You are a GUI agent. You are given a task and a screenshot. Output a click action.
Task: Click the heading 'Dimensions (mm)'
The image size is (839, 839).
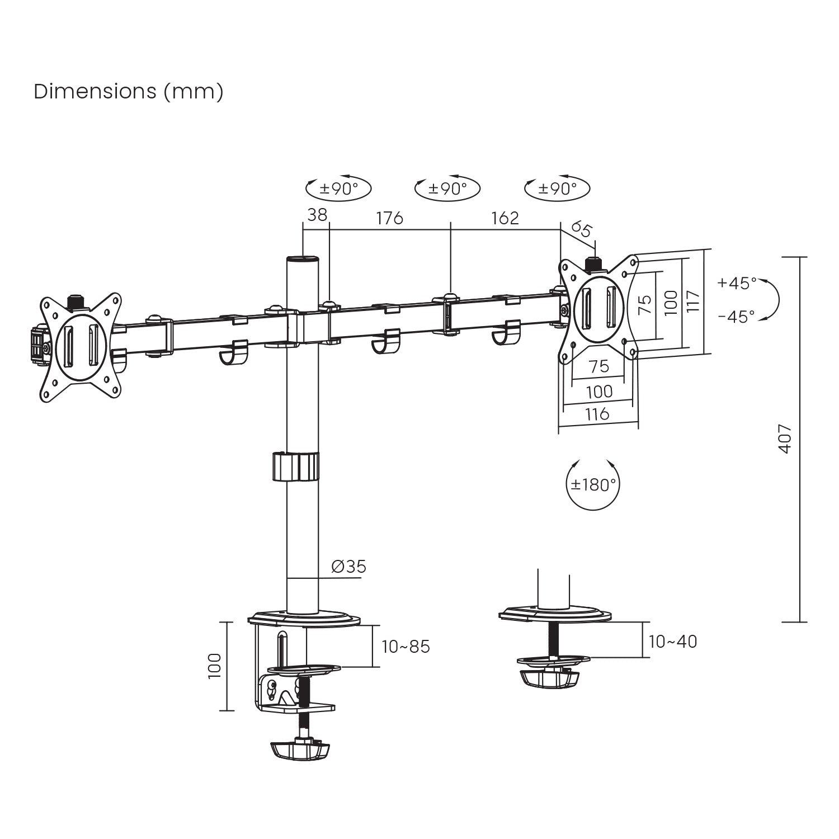pyautogui.click(x=129, y=91)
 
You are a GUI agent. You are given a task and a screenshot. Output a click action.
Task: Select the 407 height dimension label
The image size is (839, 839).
pyautogui.click(x=785, y=439)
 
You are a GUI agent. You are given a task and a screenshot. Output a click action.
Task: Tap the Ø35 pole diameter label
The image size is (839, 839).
pyautogui.click(x=348, y=567)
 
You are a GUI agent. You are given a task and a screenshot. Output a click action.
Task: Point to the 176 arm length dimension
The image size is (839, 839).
pyautogui.click(x=389, y=218)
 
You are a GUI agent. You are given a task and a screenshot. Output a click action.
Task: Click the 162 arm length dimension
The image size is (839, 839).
pyautogui.click(x=505, y=218)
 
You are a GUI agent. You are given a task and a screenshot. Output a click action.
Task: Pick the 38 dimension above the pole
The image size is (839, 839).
pyautogui.click(x=317, y=215)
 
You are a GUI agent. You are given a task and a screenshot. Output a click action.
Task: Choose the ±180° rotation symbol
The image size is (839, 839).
pyautogui.click(x=593, y=484)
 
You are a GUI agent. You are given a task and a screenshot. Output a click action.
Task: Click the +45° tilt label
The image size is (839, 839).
pyautogui.click(x=737, y=283)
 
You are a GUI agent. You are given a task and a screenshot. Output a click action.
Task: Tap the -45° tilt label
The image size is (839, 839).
pyautogui.click(x=737, y=317)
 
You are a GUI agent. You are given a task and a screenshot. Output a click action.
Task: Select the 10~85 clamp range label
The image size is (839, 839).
pyautogui.click(x=406, y=647)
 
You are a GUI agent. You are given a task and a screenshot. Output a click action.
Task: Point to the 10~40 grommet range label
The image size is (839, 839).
pyautogui.click(x=673, y=641)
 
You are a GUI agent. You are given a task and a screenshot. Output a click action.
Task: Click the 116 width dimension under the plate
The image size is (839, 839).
pyautogui.click(x=597, y=414)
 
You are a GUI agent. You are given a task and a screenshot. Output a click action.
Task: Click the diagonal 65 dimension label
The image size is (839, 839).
pyautogui.click(x=582, y=229)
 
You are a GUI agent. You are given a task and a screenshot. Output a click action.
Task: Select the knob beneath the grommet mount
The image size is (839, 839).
pyautogui.click(x=550, y=678)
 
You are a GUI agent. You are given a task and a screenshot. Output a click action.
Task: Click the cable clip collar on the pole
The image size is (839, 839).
pyautogui.click(x=296, y=466)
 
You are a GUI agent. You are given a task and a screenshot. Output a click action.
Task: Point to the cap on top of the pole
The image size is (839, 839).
pyautogui.click(x=302, y=259)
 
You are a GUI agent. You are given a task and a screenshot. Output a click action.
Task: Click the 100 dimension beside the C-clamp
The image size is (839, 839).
pyautogui.click(x=215, y=666)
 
